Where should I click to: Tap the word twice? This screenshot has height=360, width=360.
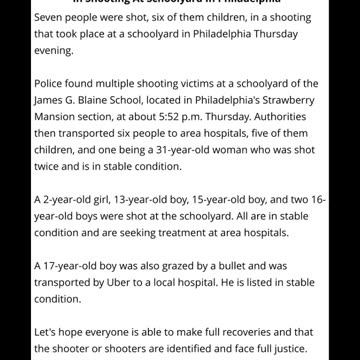pyautogui.click(x=49, y=167)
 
